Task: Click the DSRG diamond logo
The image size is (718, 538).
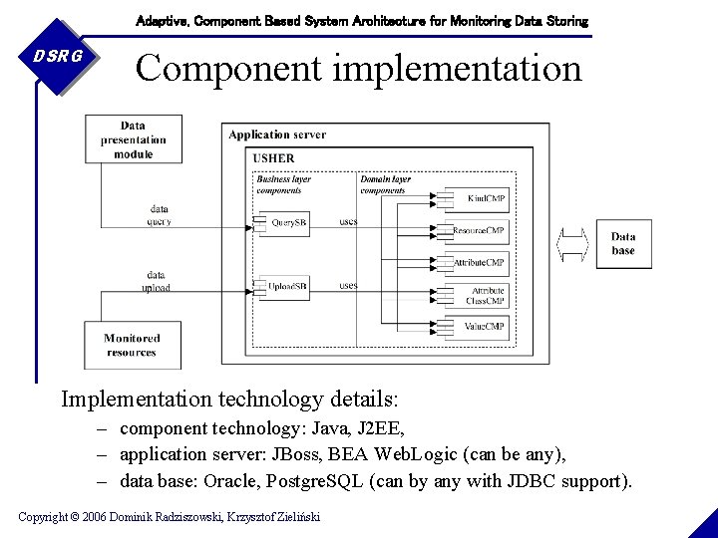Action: pos(56,57)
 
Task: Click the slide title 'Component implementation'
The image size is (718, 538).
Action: pos(358,68)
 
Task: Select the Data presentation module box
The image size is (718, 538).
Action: pos(133,139)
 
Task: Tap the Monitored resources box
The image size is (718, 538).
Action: pos(132,345)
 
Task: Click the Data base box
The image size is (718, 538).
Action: pos(623,243)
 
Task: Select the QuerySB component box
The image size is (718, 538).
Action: pos(287,223)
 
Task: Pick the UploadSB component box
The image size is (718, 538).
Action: pos(287,287)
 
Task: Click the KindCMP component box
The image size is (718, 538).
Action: pos(484,198)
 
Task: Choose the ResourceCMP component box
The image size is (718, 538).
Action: pos(480,230)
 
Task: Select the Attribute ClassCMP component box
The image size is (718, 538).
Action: pos(484,295)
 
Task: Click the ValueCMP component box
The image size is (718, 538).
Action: pos(484,326)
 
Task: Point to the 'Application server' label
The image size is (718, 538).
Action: pos(277,134)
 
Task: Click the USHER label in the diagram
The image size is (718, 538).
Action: pos(273,157)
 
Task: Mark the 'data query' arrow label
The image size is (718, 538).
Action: pos(159,215)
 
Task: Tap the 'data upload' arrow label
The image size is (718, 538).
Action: pos(156,281)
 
